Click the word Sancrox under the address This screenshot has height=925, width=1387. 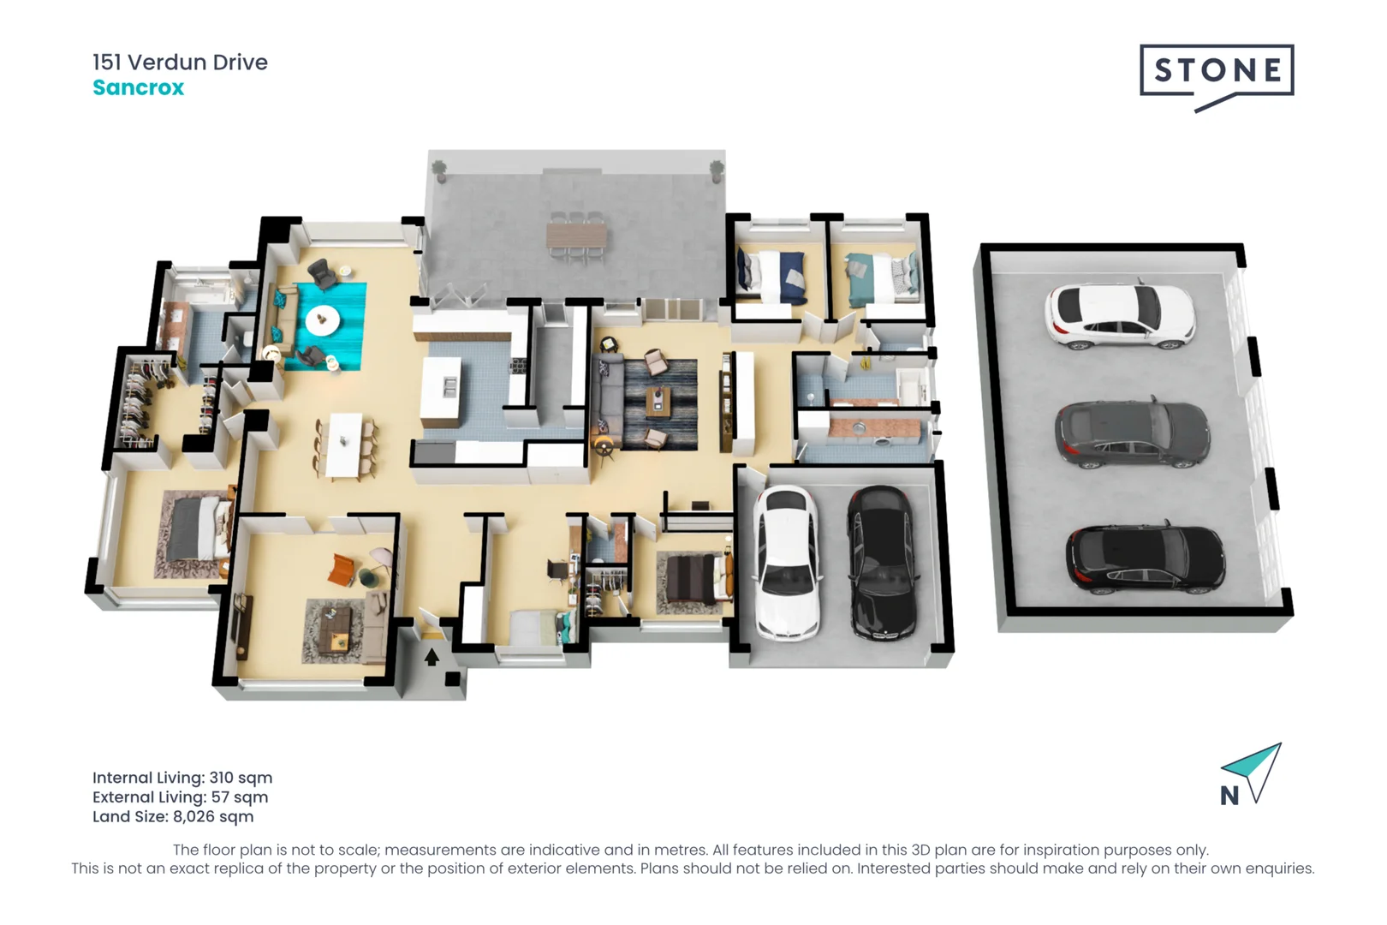pyautogui.click(x=138, y=87)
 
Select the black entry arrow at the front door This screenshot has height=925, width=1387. pyautogui.click(x=432, y=657)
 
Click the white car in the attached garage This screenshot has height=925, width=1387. pyautogui.click(x=785, y=562)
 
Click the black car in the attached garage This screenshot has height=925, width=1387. pyautogui.click(x=880, y=562)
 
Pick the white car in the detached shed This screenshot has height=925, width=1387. pyautogui.click(x=1119, y=314)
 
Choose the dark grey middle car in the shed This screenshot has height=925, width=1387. pyautogui.click(x=1132, y=434)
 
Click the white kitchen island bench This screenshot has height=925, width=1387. pyautogui.click(x=442, y=390)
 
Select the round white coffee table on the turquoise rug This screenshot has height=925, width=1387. pyautogui.click(x=323, y=320)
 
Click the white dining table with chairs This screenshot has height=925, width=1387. pyautogui.click(x=345, y=444)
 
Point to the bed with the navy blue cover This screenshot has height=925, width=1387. pyautogui.click(x=774, y=276)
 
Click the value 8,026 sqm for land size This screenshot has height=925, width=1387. pyautogui.click(x=213, y=816)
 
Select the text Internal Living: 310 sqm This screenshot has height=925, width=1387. pyautogui.click(x=182, y=778)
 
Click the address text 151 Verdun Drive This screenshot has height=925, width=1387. pyautogui.click(x=180, y=62)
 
